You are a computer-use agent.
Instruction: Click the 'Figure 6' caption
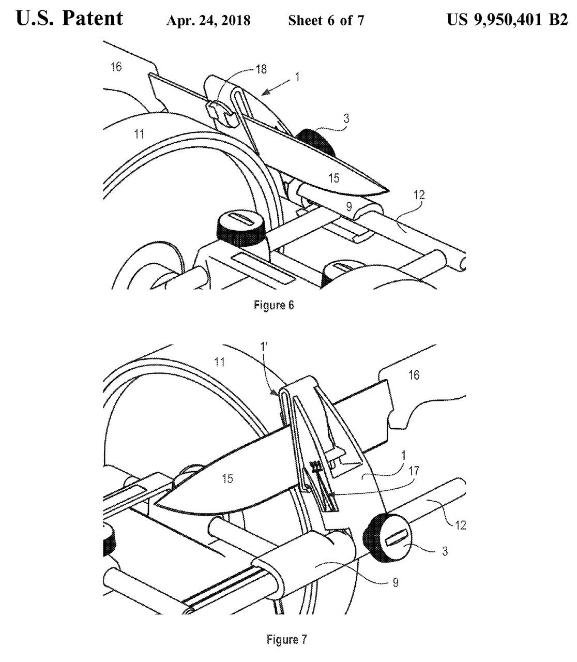(x=274, y=305)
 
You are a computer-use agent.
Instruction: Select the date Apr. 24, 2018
(x=208, y=21)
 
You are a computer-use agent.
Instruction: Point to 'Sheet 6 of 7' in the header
(x=326, y=21)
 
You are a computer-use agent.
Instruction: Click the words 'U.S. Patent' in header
(x=70, y=19)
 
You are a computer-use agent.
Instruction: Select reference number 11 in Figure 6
(x=138, y=134)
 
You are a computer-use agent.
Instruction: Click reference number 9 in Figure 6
(x=349, y=207)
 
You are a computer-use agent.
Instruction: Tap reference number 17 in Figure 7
(x=429, y=471)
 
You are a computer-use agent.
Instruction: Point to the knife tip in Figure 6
(x=387, y=190)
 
